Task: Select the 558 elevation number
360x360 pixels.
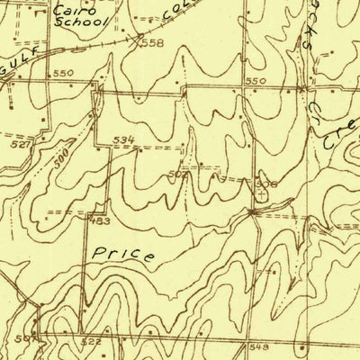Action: coord(153,42)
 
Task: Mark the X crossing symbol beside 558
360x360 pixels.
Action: coord(137,39)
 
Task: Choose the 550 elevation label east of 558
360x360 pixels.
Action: coord(256,81)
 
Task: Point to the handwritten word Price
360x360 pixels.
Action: coord(122,253)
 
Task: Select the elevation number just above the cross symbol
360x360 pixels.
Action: coord(267,183)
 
